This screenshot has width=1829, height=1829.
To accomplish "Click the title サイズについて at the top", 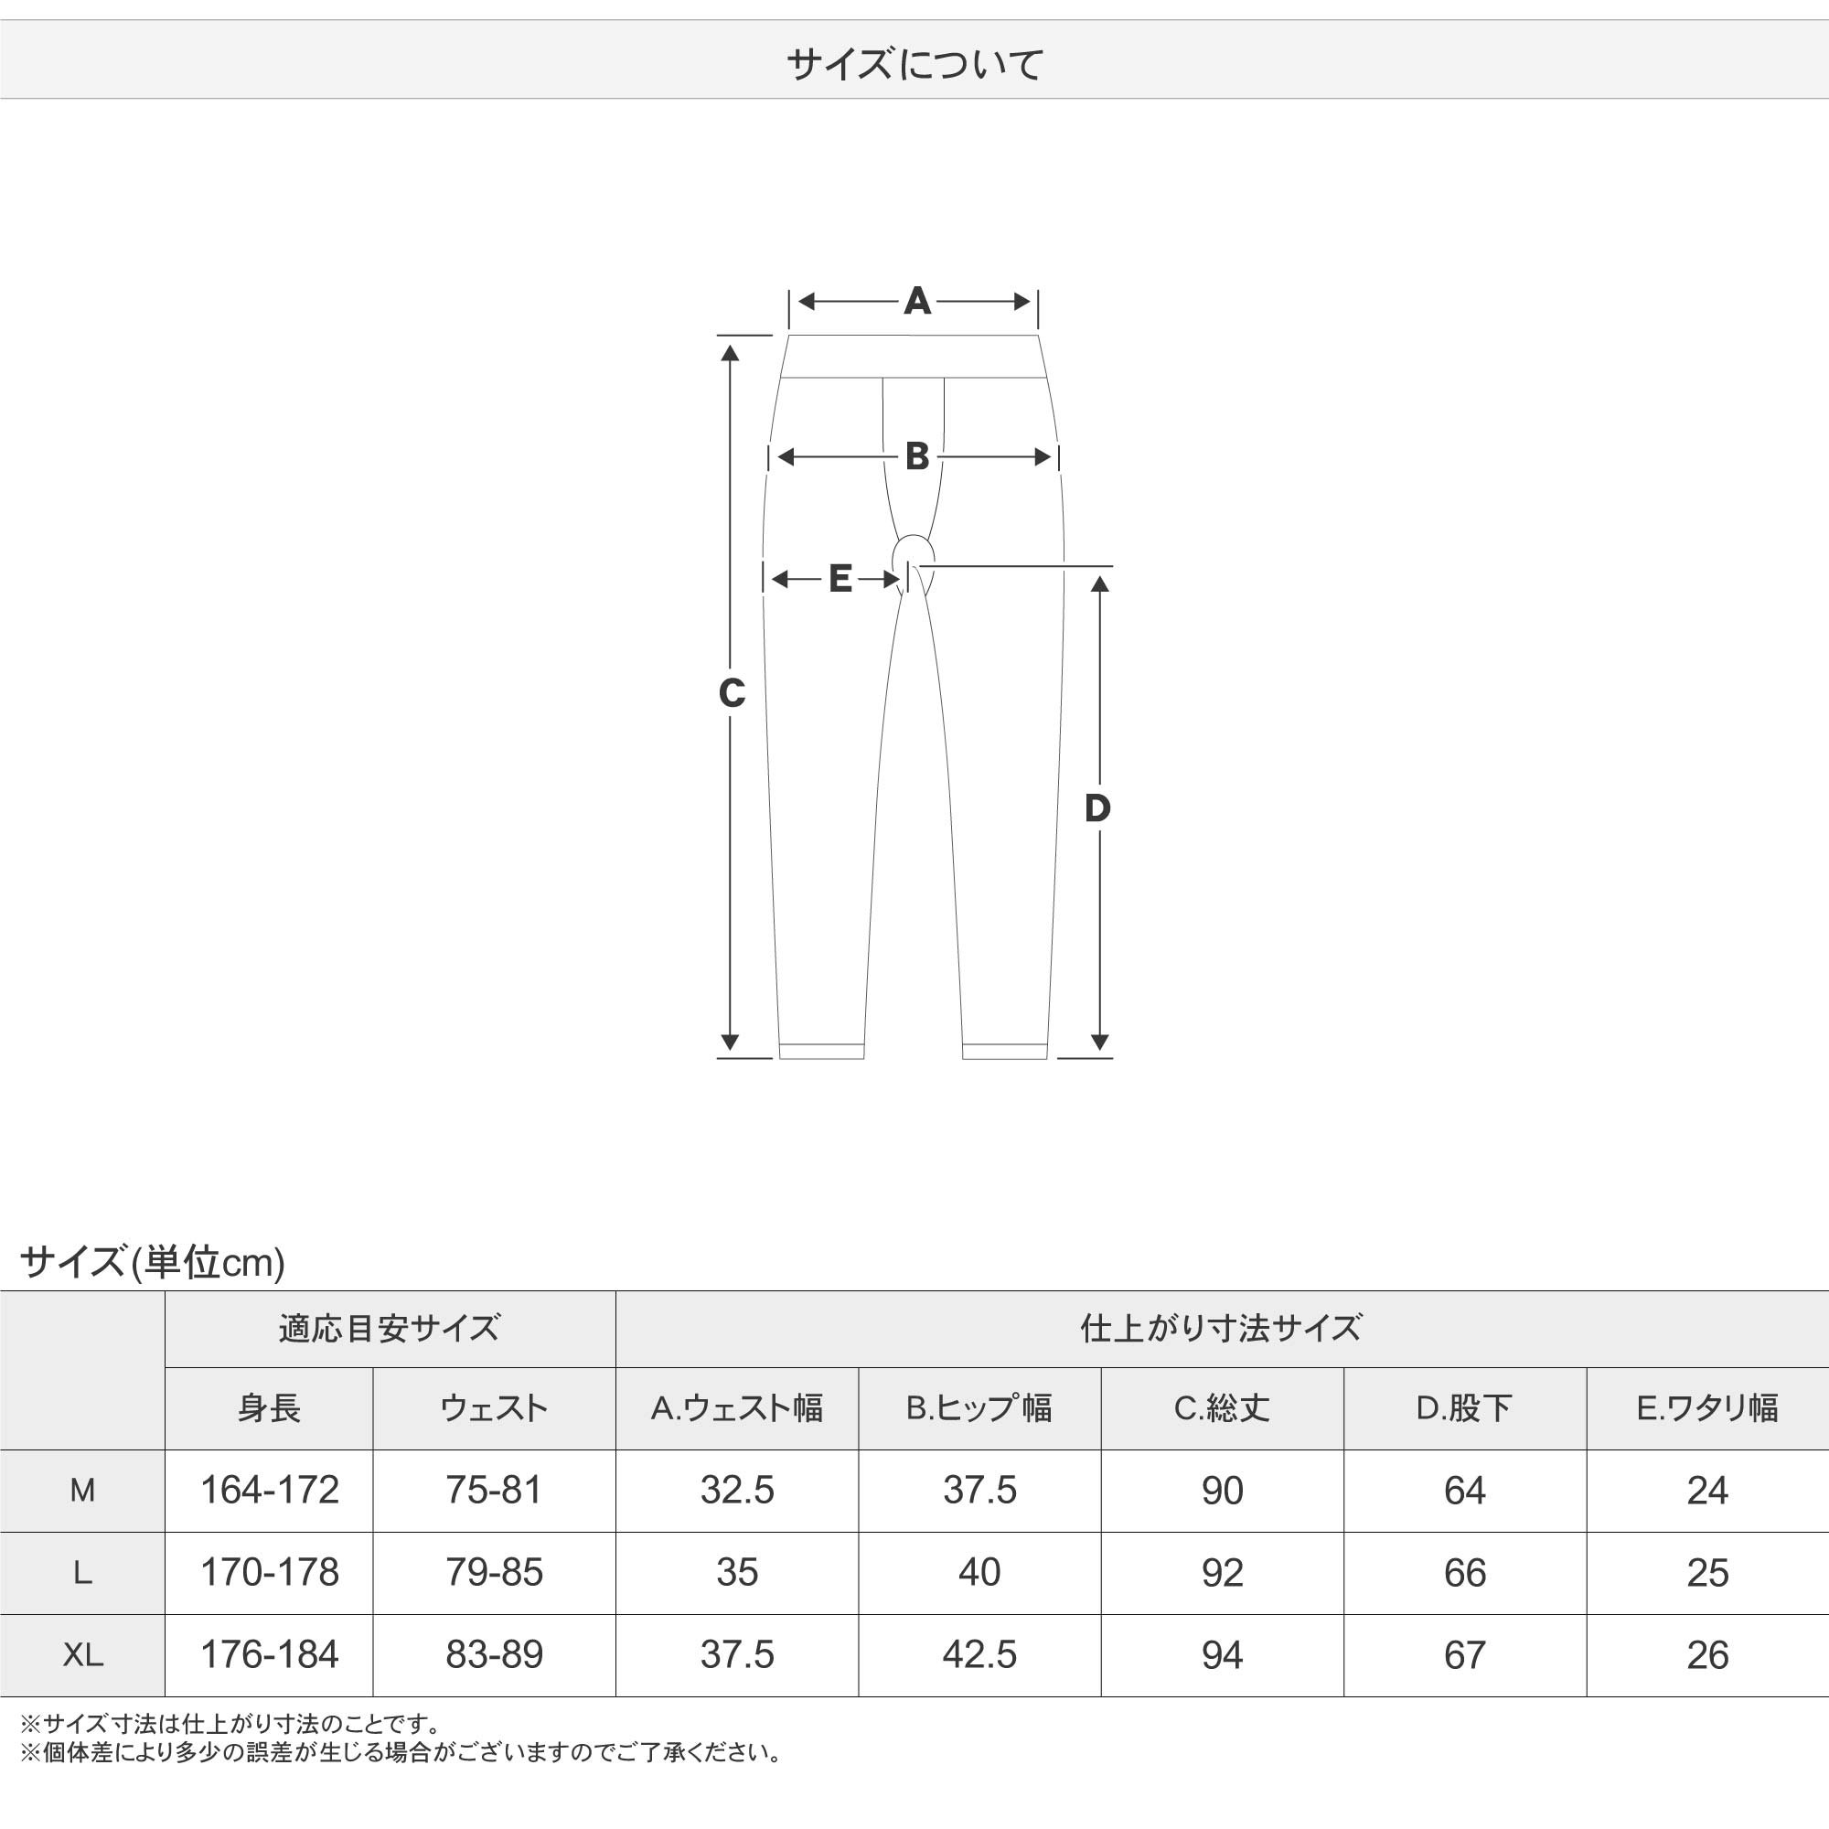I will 914,64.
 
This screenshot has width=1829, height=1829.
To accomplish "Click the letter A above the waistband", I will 916,301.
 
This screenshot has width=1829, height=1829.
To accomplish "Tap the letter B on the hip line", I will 916,456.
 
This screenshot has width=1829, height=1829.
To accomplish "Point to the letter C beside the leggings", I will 732,694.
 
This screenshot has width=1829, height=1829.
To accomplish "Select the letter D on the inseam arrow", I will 1097,808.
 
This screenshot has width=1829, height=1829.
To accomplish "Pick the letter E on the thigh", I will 840,579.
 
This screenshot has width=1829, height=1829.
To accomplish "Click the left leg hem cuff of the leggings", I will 822,1051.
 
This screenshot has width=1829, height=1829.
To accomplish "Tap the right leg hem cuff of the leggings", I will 1004,1051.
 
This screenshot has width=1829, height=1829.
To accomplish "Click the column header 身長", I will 269,1407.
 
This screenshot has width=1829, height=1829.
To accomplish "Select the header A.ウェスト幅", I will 736,1407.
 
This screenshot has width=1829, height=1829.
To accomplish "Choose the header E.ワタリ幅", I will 1706,1407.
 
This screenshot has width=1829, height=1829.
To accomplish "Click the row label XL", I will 82,1655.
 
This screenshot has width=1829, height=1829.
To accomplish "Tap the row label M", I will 82,1490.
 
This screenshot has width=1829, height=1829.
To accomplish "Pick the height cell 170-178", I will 269,1572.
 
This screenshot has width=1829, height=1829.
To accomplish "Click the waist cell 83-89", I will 494,1655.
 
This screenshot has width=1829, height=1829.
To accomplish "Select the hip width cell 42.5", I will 979,1655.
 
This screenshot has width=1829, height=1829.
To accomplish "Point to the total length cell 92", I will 1222,1572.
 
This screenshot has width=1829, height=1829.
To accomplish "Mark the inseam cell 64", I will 1464,1490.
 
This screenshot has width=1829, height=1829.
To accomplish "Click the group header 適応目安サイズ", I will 389,1328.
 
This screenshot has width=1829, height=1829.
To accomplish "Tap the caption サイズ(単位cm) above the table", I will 153,1262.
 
